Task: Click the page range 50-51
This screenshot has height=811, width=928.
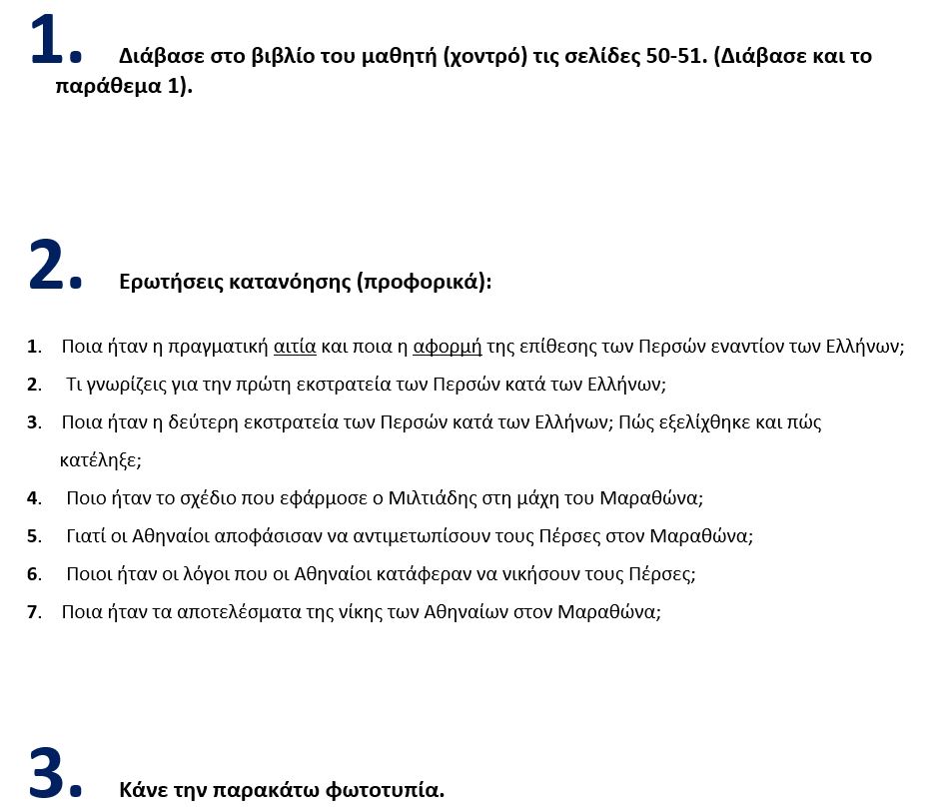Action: pos(672,56)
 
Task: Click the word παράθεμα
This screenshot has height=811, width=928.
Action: pos(107,85)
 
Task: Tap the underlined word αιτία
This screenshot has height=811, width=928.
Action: pos(295,348)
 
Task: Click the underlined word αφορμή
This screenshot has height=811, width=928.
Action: pos(448,348)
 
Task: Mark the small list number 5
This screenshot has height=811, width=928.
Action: pos(33,536)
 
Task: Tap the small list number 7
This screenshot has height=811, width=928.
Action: pos(33,612)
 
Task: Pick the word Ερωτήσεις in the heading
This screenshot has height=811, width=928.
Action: pos(166,283)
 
